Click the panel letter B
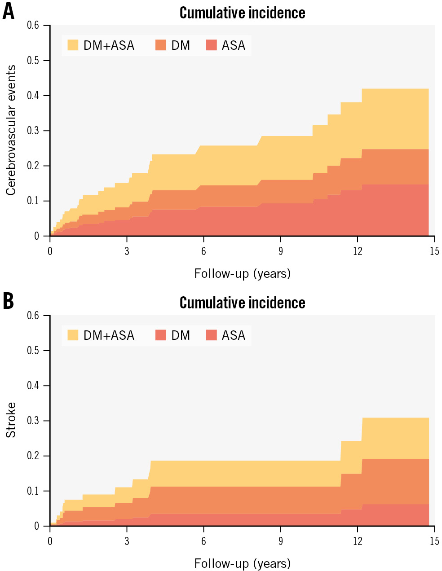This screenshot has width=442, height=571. [x=9, y=301]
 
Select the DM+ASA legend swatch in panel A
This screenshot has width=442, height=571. [x=73, y=45]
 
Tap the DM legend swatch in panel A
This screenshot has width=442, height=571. [x=161, y=45]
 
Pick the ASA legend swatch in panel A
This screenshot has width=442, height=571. [x=211, y=45]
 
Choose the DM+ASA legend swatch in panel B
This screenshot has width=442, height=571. [x=73, y=335]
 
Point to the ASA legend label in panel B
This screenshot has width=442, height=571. [x=234, y=335]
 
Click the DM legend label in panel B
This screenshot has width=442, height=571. [x=181, y=335]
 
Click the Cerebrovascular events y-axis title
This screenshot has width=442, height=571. [x=11, y=130]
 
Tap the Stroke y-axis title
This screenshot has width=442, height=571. [x=11, y=420]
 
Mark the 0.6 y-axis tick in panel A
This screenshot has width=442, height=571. [x=33, y=25]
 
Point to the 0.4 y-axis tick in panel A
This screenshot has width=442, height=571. [x=33, y=96]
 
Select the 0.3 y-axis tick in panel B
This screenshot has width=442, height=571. [x=33, y=421]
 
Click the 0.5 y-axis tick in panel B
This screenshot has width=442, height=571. [x=33, y=351]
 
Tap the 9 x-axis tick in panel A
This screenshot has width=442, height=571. [x=281, y=251]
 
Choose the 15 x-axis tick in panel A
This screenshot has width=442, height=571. [x=434, y=251]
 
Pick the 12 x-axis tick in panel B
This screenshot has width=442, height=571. [x=358, y=541]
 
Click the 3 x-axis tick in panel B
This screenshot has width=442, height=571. [x=127, y=541]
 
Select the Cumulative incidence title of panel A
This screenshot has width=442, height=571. [x=242, y=13]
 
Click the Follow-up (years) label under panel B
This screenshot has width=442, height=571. [x=242, y=563]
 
